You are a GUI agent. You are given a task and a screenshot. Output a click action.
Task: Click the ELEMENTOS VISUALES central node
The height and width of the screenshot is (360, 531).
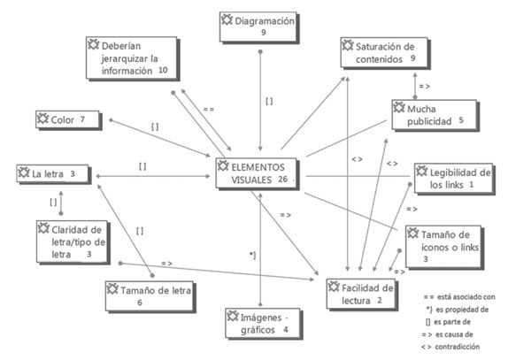point(258,172)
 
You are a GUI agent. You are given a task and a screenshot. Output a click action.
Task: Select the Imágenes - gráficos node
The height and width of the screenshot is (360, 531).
point(261,324)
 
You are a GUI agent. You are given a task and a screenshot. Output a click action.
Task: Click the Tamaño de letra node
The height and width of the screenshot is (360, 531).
point(149,295)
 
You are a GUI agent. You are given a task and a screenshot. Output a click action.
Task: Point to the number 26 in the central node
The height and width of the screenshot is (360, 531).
point(282,180)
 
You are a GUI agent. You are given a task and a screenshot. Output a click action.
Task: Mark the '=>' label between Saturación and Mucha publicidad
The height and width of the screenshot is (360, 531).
point(425,86)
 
